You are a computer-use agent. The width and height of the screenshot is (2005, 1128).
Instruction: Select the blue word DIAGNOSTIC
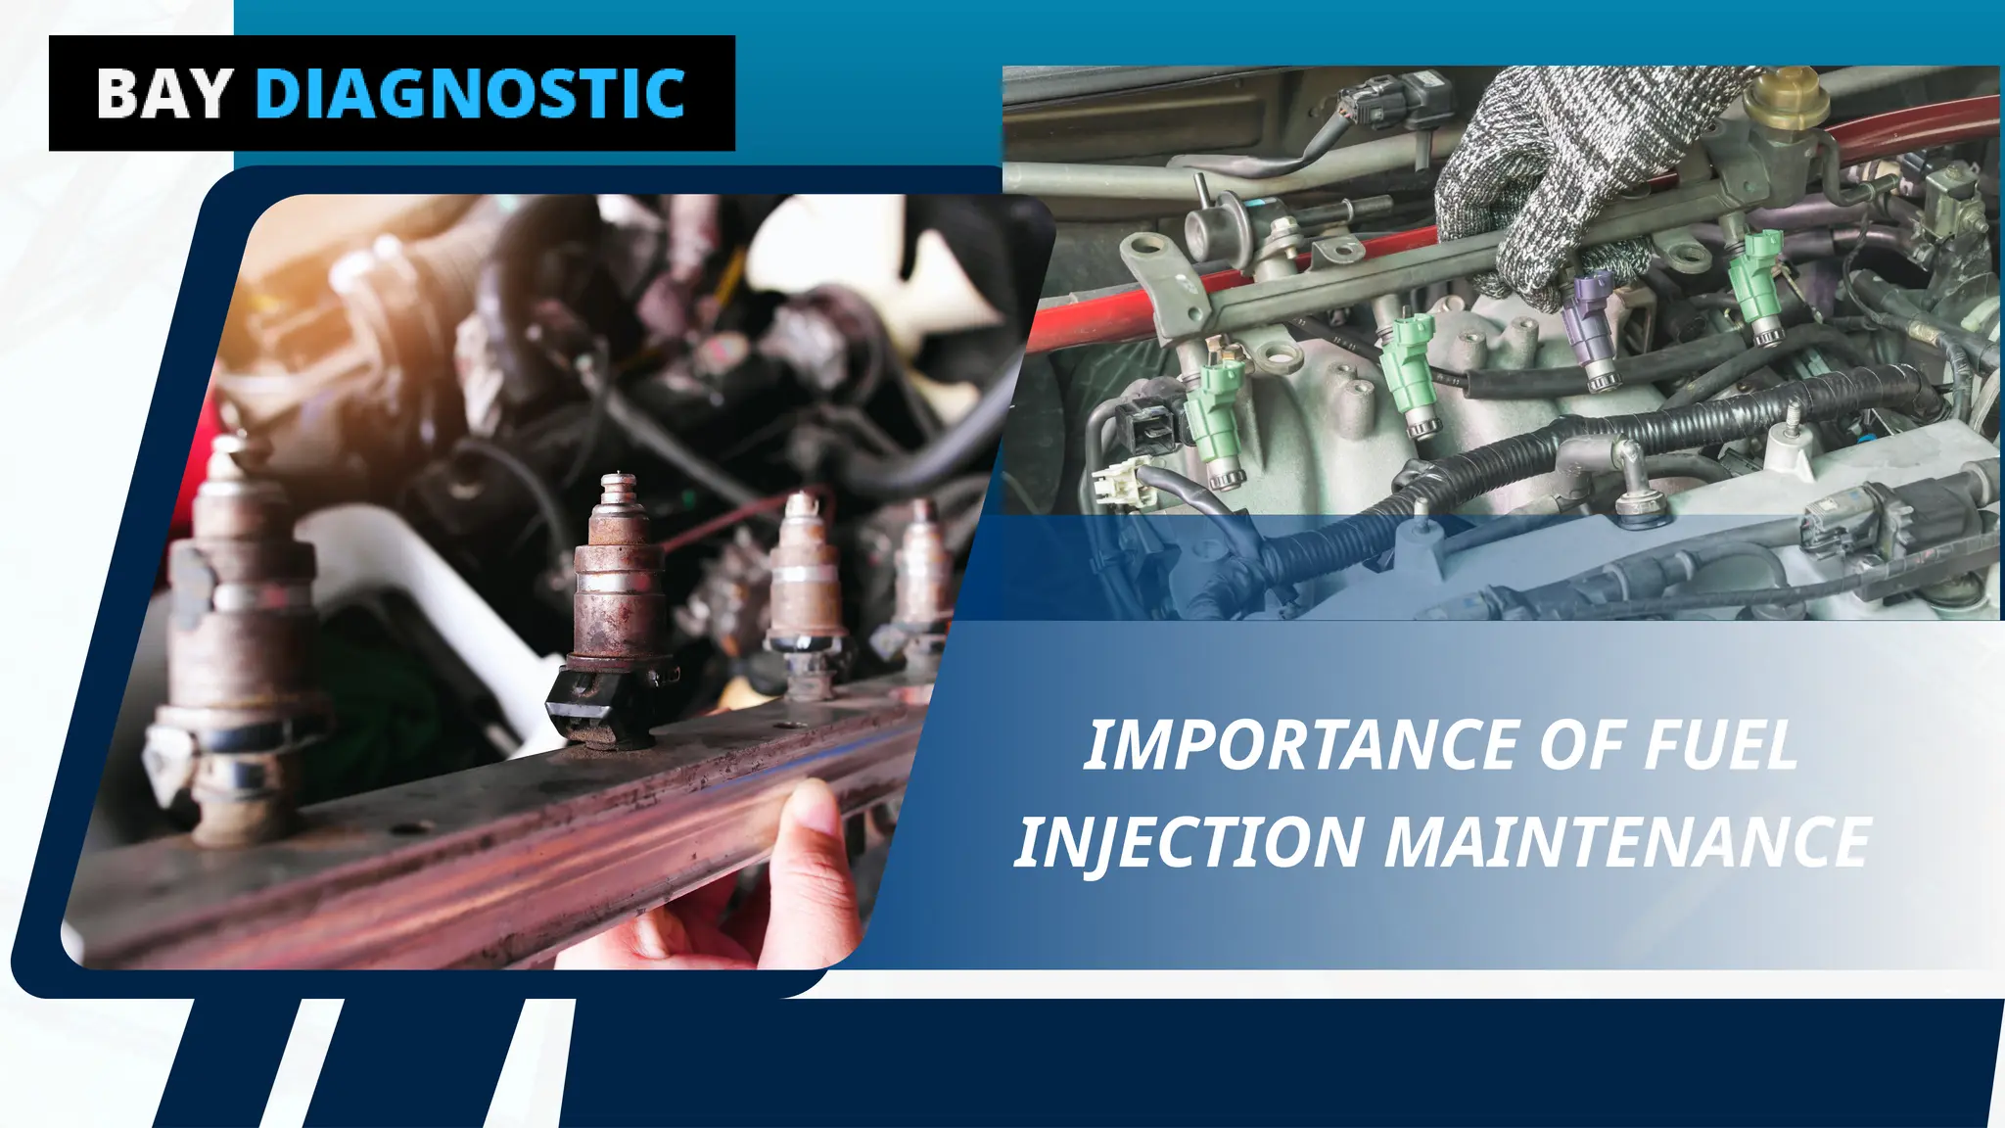click(469, 94)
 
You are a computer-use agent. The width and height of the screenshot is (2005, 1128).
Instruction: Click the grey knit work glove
click(1566, 166)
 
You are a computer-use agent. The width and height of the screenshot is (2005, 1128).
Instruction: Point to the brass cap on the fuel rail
click(1788, 98)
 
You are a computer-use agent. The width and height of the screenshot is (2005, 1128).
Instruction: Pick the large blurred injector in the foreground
click(240, 636)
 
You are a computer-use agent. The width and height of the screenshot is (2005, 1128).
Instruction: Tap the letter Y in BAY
click(210, 94)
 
